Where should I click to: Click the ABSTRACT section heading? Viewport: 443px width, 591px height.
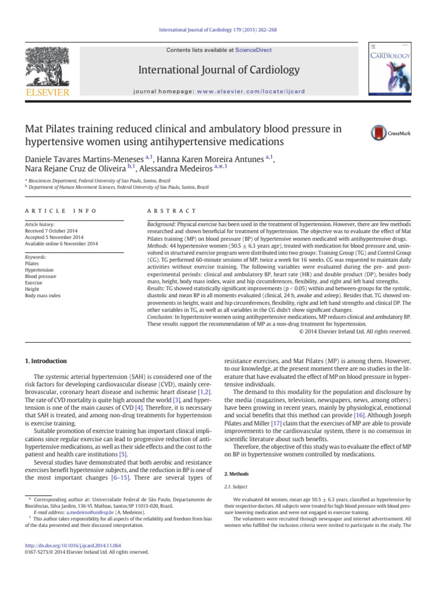(x=172, y=212)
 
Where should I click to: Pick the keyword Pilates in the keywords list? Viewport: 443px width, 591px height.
(x=32, y=263)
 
